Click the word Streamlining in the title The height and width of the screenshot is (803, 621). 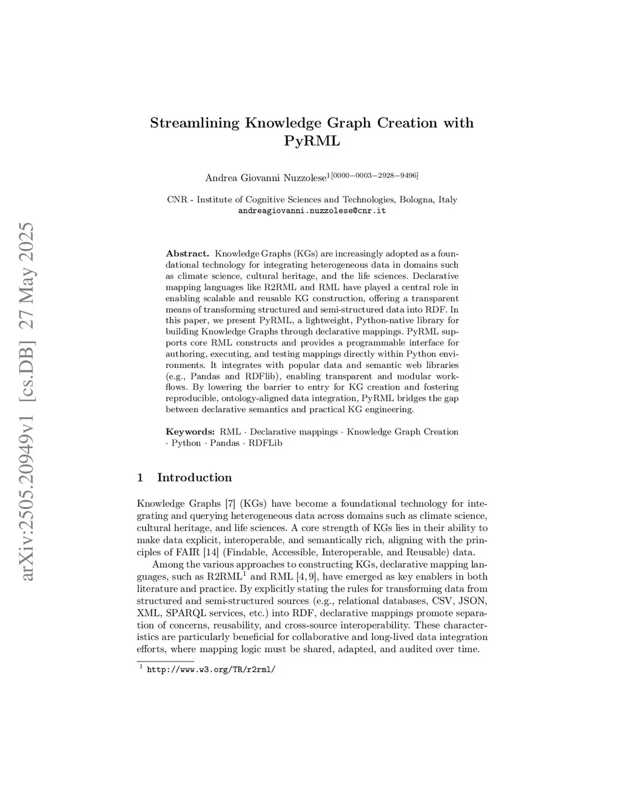coord(195,123)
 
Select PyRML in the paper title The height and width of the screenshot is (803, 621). coord(312,142)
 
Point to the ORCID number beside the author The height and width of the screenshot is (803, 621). coord(374,175)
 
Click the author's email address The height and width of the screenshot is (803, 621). coord(312,211)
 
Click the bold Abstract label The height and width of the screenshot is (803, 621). coord(187,253)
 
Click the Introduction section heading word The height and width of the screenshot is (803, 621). coord(194,478)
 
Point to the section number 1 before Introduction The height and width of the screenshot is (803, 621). coord(140,478)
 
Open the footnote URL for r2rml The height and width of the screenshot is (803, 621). coord(211,670)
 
